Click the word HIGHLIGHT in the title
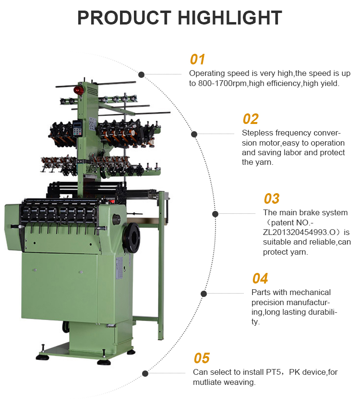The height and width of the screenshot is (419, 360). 230,18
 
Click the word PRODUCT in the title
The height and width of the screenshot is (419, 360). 125,18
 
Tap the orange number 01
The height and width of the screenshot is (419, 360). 197,59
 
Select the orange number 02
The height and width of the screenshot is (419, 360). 250,119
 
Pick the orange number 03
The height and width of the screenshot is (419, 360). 271,198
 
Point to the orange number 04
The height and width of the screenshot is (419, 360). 260,278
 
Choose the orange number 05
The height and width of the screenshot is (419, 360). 202,358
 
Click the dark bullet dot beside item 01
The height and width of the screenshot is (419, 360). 142,74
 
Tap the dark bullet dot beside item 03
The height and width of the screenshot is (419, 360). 215,214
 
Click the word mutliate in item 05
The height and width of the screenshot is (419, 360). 207,382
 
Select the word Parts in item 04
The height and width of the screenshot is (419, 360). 261,292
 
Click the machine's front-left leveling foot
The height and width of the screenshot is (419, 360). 43,356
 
